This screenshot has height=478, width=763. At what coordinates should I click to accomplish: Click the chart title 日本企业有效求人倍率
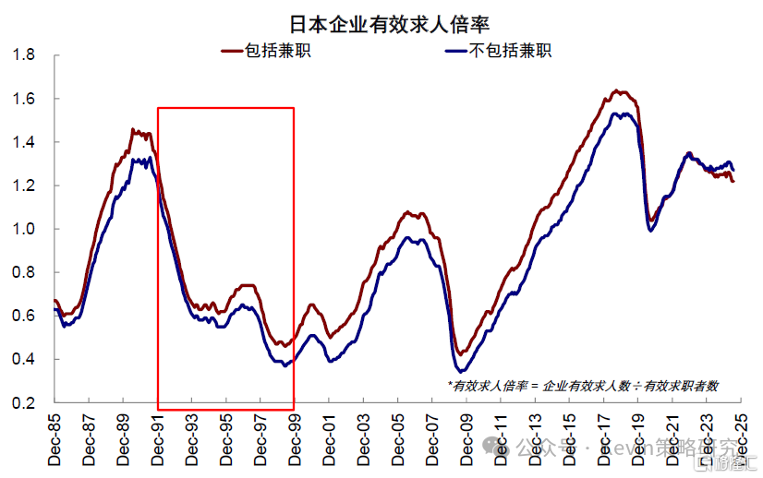pyautogui.click(x=382, y=22)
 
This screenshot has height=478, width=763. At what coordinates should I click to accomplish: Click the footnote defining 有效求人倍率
pyautogui.click(x=583, y=386)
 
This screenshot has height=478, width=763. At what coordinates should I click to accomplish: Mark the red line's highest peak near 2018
pyautogui.click(x=617, y=91)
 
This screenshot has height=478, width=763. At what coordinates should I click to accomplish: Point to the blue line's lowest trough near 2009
pyautogui.click(x=461, y=371)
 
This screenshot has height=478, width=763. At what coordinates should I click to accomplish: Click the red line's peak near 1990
pyautogui.click(x=134, y=130)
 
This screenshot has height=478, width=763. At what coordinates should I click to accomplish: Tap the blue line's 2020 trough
pyautogui.click(x=651, y=230)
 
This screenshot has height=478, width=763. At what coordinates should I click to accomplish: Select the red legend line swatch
pyautogui.click(x=233, y=51)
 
